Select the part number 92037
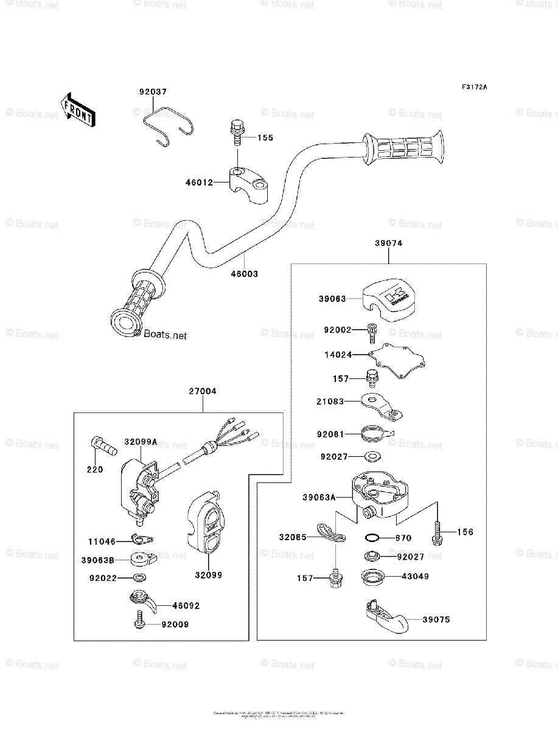tap(152, 92)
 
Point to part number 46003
tap(244, 274)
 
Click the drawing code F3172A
tap(474, 88)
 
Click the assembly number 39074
tap(388, 243)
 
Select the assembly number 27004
tap(203, 392)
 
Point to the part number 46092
tap(186, 606)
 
